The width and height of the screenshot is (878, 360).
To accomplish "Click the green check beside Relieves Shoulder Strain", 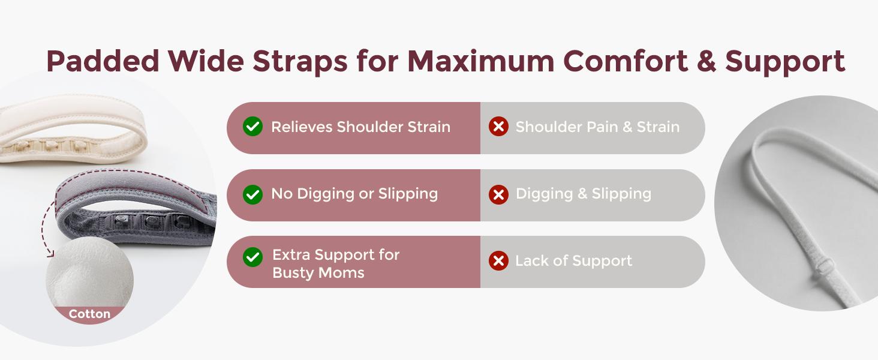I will (x=252, y=127).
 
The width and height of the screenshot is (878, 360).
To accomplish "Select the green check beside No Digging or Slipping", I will (x=252, y=194).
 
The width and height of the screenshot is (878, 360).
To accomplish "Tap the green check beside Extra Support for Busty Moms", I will (x=252, y=257).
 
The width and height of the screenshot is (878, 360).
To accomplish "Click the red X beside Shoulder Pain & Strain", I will (x=498, y=127).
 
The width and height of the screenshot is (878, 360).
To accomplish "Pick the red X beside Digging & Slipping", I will (x=498, y=194).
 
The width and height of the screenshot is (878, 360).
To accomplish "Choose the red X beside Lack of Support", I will (x=498, y=261).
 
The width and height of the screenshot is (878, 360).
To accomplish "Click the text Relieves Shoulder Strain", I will (x=360, y=127).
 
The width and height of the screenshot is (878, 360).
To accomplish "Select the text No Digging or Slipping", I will (x=354, y=194).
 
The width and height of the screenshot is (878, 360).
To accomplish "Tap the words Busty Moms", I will (x=318, y=272).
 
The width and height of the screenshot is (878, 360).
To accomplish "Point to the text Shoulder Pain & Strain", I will (x=597, y=127).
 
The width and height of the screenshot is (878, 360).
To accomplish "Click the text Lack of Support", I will (x=573, y=261).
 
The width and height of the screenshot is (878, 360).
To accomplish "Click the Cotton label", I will (x=89, y=314).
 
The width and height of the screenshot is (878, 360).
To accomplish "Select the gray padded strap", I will (x=132, y=204).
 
